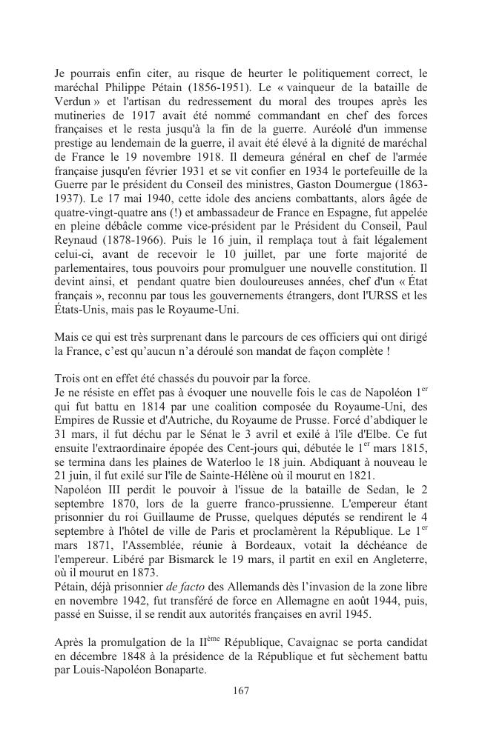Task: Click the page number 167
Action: click(x=240, y=690)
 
